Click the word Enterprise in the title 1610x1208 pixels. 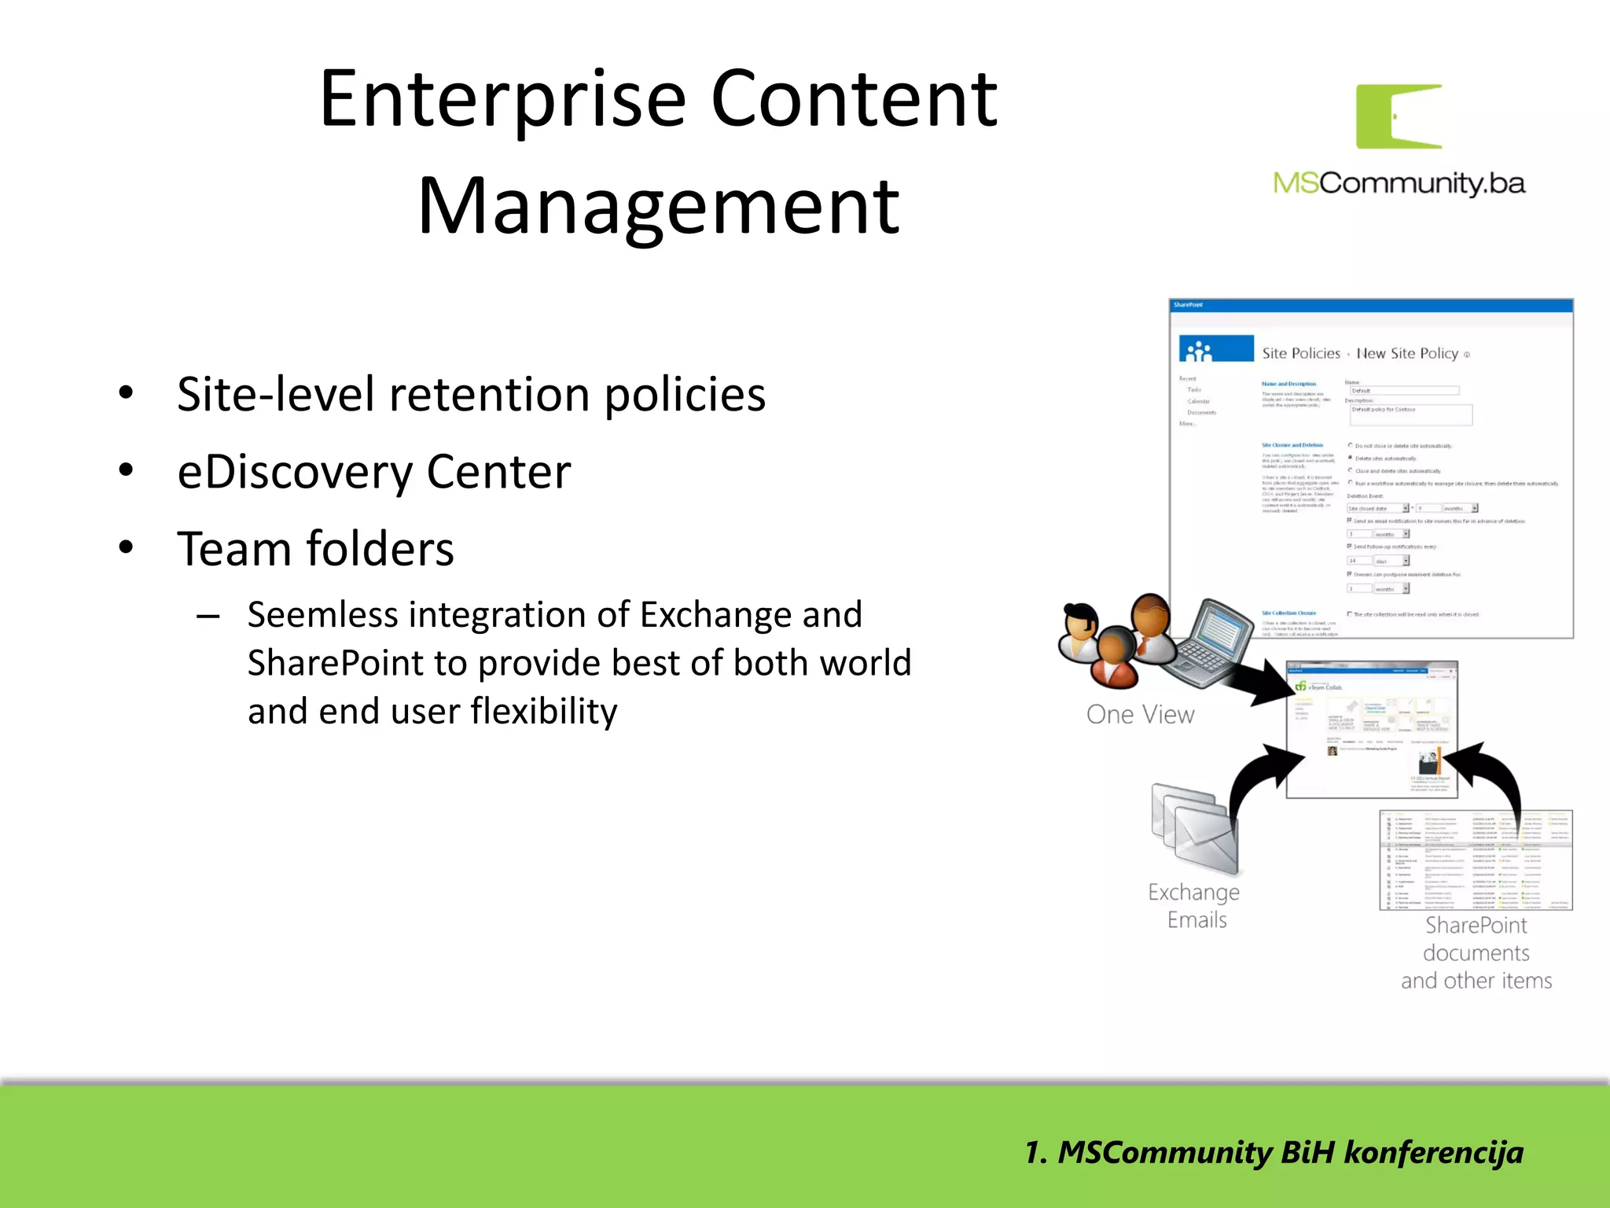[x=503, y=100]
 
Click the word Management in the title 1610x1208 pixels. [x=659, y=207]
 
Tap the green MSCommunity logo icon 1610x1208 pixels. [x=1399, y=116]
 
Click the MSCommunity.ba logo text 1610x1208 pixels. [x=1399, y=183]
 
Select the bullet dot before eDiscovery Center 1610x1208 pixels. [x=126, y=470]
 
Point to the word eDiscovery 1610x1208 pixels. [x=294, y=472]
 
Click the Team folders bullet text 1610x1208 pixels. [x=315, y=548]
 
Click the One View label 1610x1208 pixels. [x=1140, y=714]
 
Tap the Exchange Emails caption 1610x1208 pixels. [x=1194, y=906]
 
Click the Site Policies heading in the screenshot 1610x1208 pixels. [x=1301, y=354]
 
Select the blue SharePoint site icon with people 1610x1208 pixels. [x=1215, y=348]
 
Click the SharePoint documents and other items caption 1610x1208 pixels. [x=1476, y=953]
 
